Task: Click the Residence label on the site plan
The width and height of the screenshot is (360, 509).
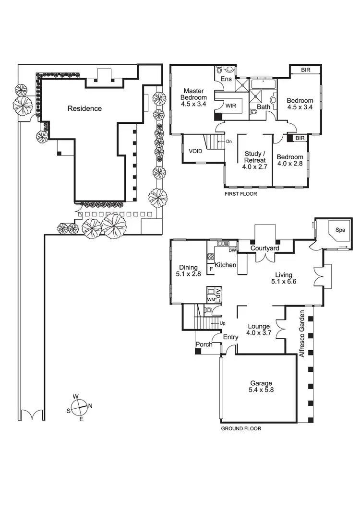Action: [84, 108]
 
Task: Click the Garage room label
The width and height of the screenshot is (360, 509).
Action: [261, 383]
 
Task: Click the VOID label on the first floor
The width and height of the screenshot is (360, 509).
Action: [195, 151]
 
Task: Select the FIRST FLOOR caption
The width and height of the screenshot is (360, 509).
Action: [241, 194]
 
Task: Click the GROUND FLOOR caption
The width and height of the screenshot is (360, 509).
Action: [241, 429]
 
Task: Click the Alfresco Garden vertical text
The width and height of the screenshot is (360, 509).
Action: [302, 334]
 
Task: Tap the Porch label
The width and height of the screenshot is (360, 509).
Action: [204, 344]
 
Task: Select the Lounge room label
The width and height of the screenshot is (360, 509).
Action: [258, 326]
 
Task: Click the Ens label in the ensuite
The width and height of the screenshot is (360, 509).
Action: [226, 79]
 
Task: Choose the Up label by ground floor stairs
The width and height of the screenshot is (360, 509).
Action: [223, 323]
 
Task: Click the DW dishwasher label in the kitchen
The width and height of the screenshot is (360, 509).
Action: [232, 250]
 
